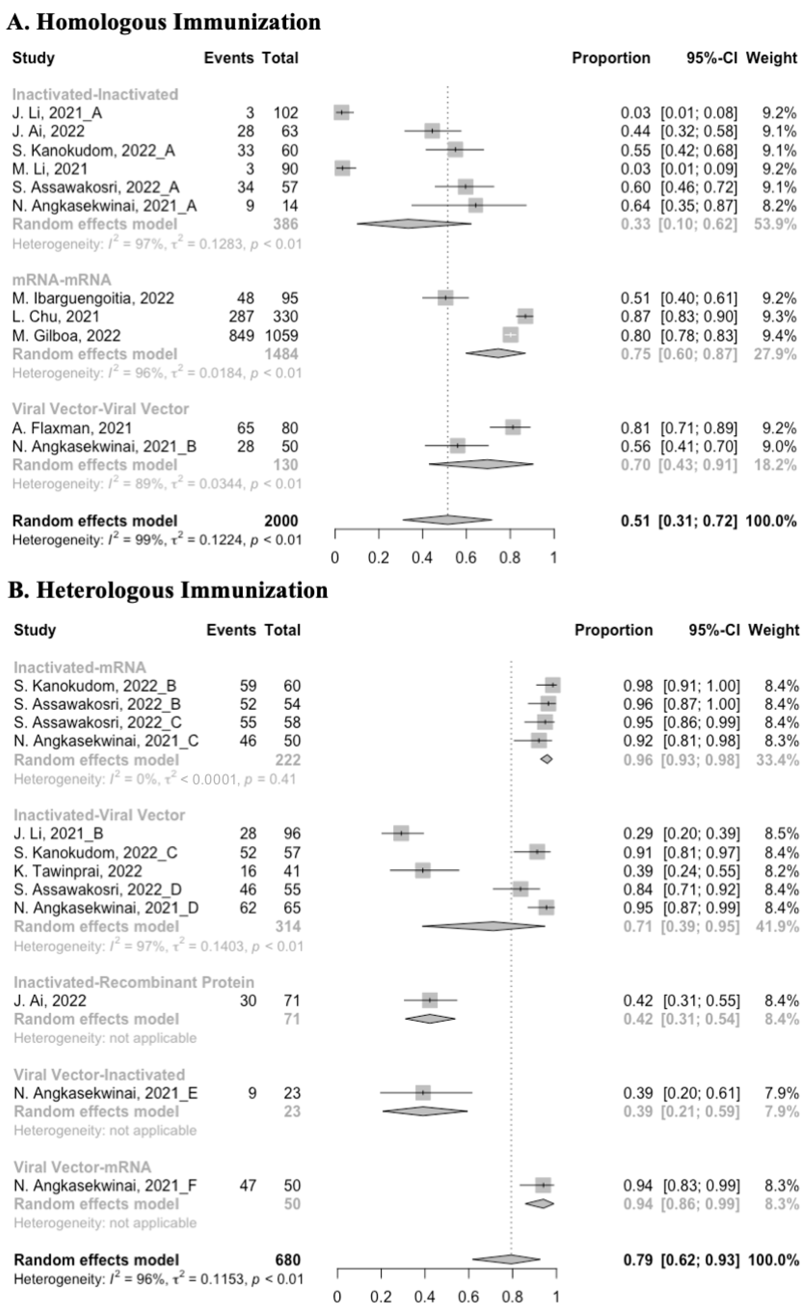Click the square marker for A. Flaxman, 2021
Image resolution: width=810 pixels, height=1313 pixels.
pos(513,427)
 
